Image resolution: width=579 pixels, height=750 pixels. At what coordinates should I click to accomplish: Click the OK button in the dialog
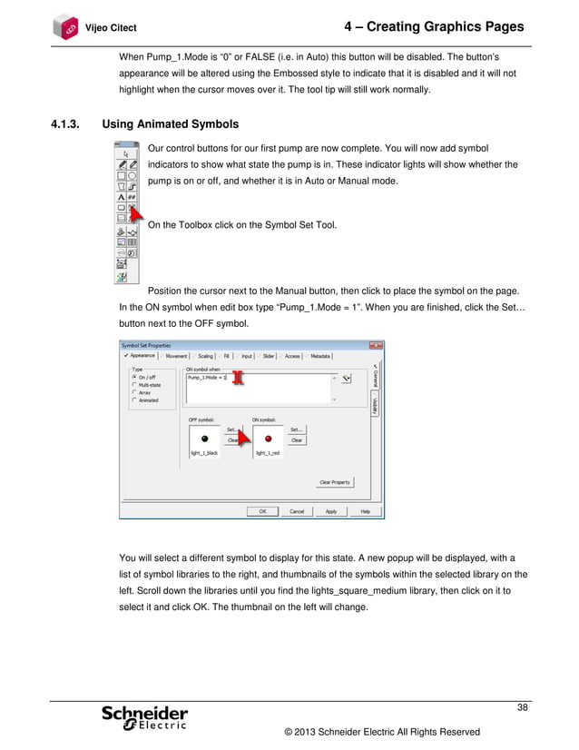(262, 511)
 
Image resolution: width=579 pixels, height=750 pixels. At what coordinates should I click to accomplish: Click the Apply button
(331, 511)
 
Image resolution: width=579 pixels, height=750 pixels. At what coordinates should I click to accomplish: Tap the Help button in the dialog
(365, 511)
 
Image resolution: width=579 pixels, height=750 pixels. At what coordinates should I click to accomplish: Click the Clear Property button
(334, 482)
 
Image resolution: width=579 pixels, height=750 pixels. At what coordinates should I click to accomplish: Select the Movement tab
(174, 357)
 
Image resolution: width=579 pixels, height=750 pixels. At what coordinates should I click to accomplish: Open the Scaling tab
(207, 357)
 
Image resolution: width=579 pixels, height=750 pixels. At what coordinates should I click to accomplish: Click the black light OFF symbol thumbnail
(203, 437)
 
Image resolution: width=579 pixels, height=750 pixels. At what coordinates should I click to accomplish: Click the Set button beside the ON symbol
(296, 429)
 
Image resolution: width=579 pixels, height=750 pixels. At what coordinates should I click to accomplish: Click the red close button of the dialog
(375, 346)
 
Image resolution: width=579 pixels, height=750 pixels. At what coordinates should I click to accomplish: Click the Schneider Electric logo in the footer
(145, 717)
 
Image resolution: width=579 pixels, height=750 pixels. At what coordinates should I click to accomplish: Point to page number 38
(522, 707)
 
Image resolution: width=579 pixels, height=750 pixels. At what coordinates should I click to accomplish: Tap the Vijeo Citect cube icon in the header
(66, 25)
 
